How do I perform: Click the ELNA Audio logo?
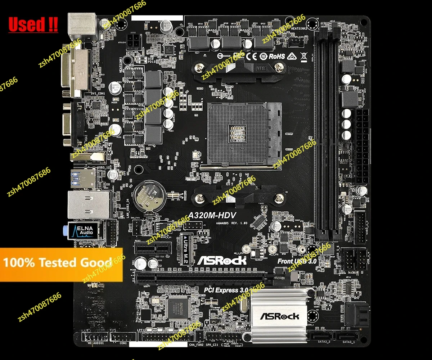click(x=82, y=231)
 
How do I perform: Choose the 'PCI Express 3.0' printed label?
click(x=226, y=290)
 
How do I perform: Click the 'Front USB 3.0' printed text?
click(x=297, y=261)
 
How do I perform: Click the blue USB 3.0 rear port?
click(x=83, y=178)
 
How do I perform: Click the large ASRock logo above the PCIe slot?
click(x=222, y=260)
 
